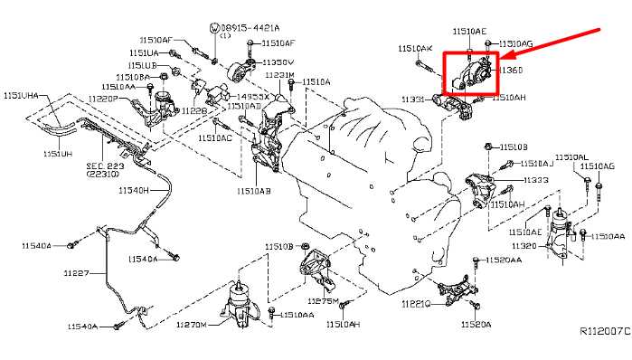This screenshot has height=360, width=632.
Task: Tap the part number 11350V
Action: pyautogui.click(x=278, y=62)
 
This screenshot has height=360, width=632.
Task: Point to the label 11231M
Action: pyautogui.click(x=278, y=75)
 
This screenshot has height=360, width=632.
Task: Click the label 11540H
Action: pyautogui.click(x=133, y=190)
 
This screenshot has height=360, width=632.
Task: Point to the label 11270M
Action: pyautogui.click(x=191, y=324)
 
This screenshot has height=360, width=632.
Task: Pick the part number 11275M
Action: pyautogui.click(x=322, y=300)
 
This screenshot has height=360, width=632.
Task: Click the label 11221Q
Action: pyautogui.click(x=416, y=304)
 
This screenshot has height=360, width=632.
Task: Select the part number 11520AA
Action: pyautogui.click(x=503, y=260)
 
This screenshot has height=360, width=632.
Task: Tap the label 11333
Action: pyautogui.click(x=535, y=180)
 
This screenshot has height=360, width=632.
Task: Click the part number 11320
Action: pyautogui.click(x=524, y=245)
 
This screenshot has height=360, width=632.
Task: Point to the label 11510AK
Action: pyautogui.click(x=415, y=48)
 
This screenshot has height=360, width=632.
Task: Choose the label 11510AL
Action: pyautogui.click(x=571, y=156)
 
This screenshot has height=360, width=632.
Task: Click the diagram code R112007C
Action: pyautogui.click(x=604, y=331)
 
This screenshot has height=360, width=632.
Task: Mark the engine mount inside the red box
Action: pyautogui.click(x=469, y=73)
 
